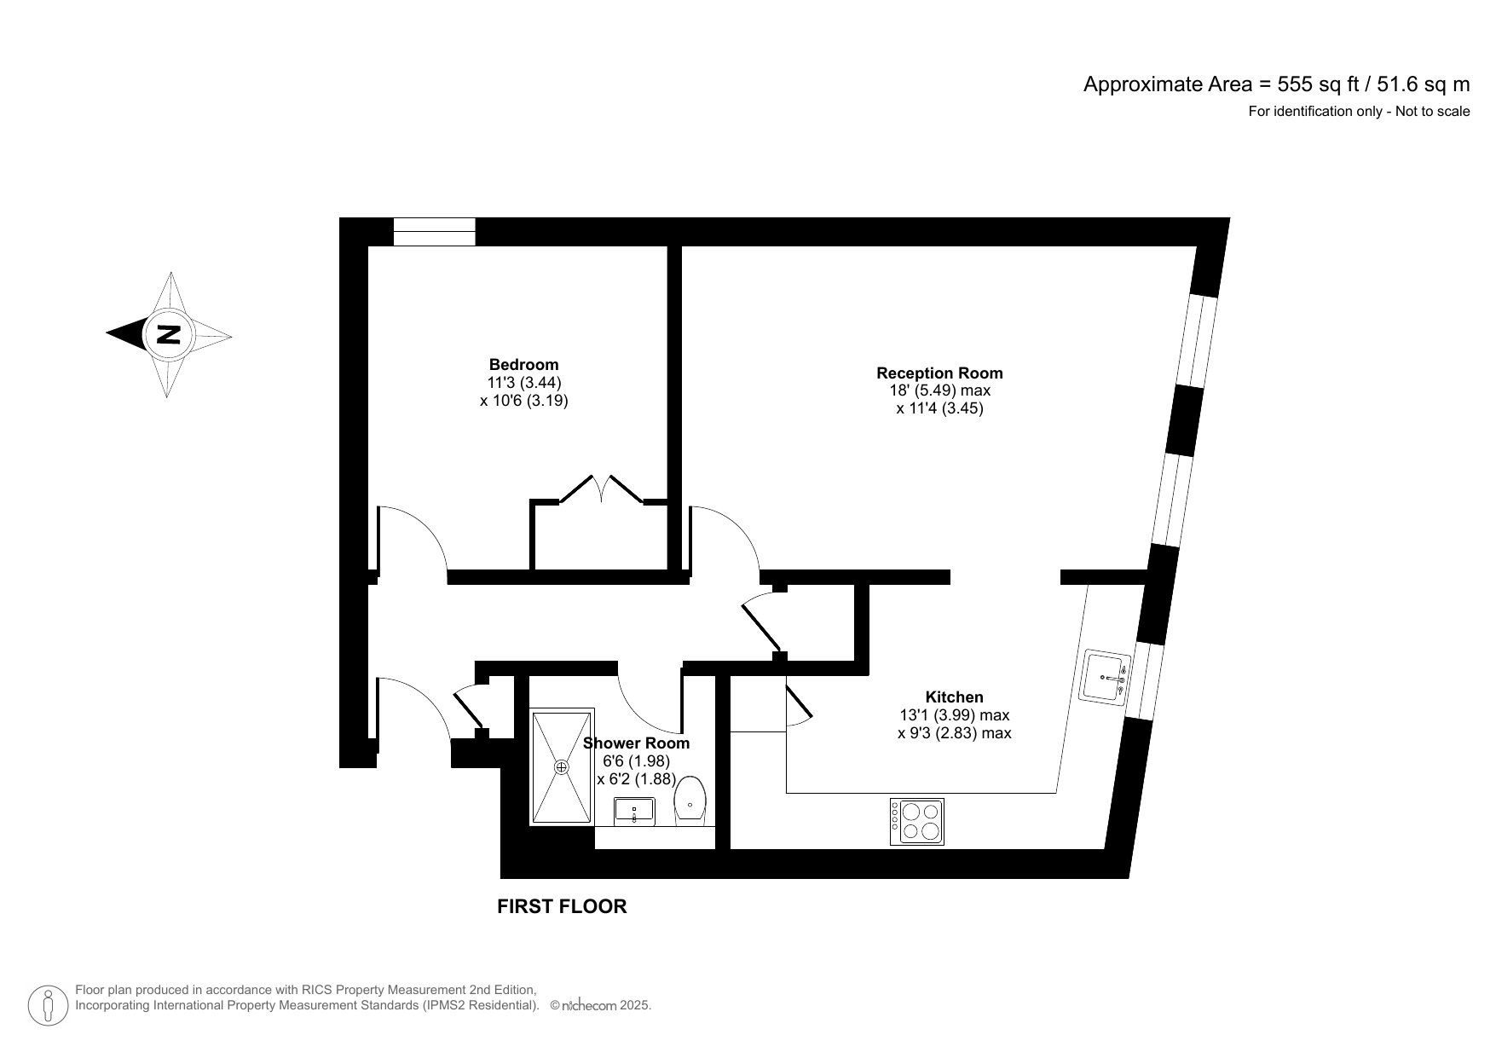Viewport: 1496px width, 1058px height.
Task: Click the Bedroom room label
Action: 523,364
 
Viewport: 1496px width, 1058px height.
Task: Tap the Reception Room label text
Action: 939,373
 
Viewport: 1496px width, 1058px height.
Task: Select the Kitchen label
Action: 954,697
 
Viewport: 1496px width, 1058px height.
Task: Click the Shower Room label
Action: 636,743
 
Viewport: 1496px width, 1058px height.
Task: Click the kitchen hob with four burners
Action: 917,821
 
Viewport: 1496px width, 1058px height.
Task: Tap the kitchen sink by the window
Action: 1106,677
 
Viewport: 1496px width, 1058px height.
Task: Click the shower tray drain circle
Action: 561,767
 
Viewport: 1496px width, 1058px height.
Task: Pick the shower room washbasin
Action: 634,811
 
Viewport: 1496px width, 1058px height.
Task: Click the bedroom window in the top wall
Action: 434,231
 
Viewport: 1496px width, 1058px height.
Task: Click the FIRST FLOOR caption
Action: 562,907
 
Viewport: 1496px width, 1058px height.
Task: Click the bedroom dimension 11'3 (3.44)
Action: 523,382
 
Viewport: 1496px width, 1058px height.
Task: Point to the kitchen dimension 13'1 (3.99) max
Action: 954,714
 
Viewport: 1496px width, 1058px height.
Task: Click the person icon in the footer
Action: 49,1006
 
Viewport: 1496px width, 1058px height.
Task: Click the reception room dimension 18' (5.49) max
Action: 939,390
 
